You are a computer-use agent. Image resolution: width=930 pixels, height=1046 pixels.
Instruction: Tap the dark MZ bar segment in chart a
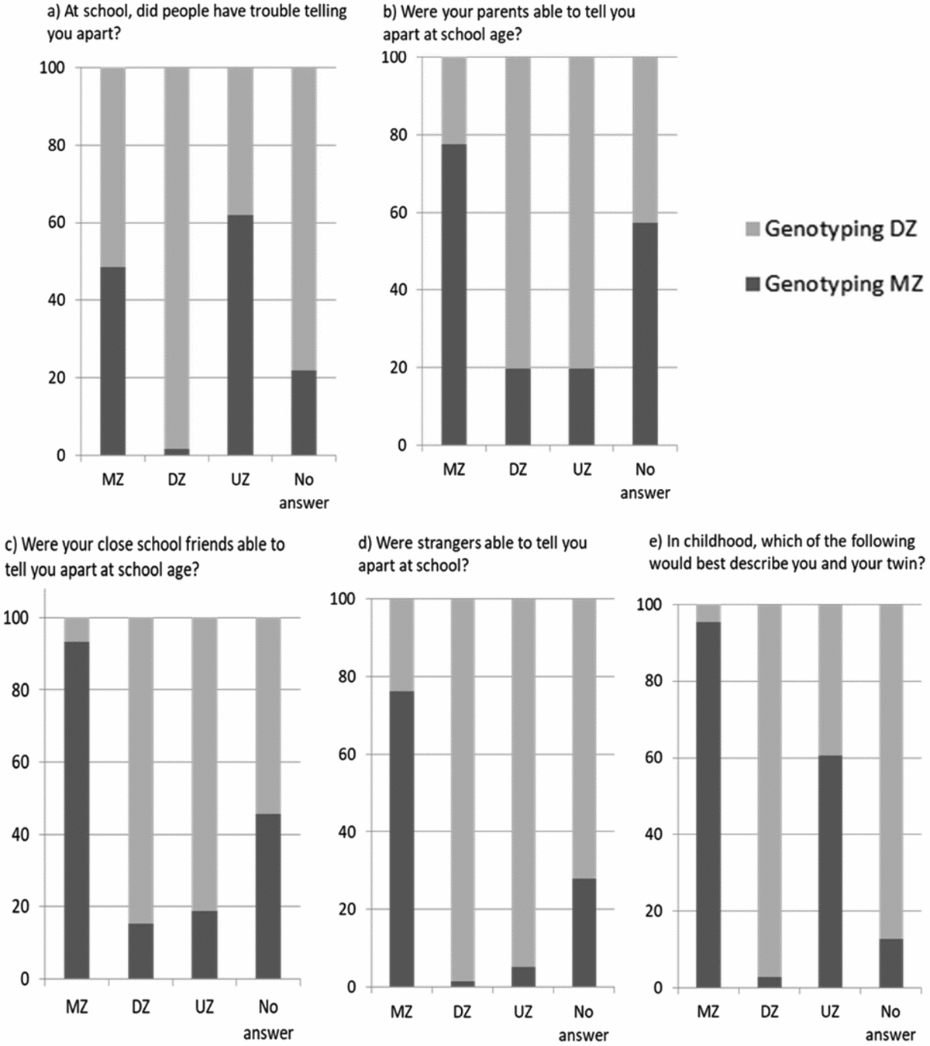[113, 361]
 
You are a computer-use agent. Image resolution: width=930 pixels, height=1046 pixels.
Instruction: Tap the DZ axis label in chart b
[518, 470]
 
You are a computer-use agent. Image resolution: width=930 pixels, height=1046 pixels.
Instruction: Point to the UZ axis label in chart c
[205, 1006]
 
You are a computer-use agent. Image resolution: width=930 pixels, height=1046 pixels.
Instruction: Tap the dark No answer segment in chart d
[584, 932]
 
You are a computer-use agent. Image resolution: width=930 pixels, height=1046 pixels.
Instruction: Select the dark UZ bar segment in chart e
[829, 871]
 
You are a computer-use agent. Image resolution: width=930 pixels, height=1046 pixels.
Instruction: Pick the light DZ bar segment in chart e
[770, 790]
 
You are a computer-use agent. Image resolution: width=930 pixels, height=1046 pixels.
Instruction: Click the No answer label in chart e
[890, 1022]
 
